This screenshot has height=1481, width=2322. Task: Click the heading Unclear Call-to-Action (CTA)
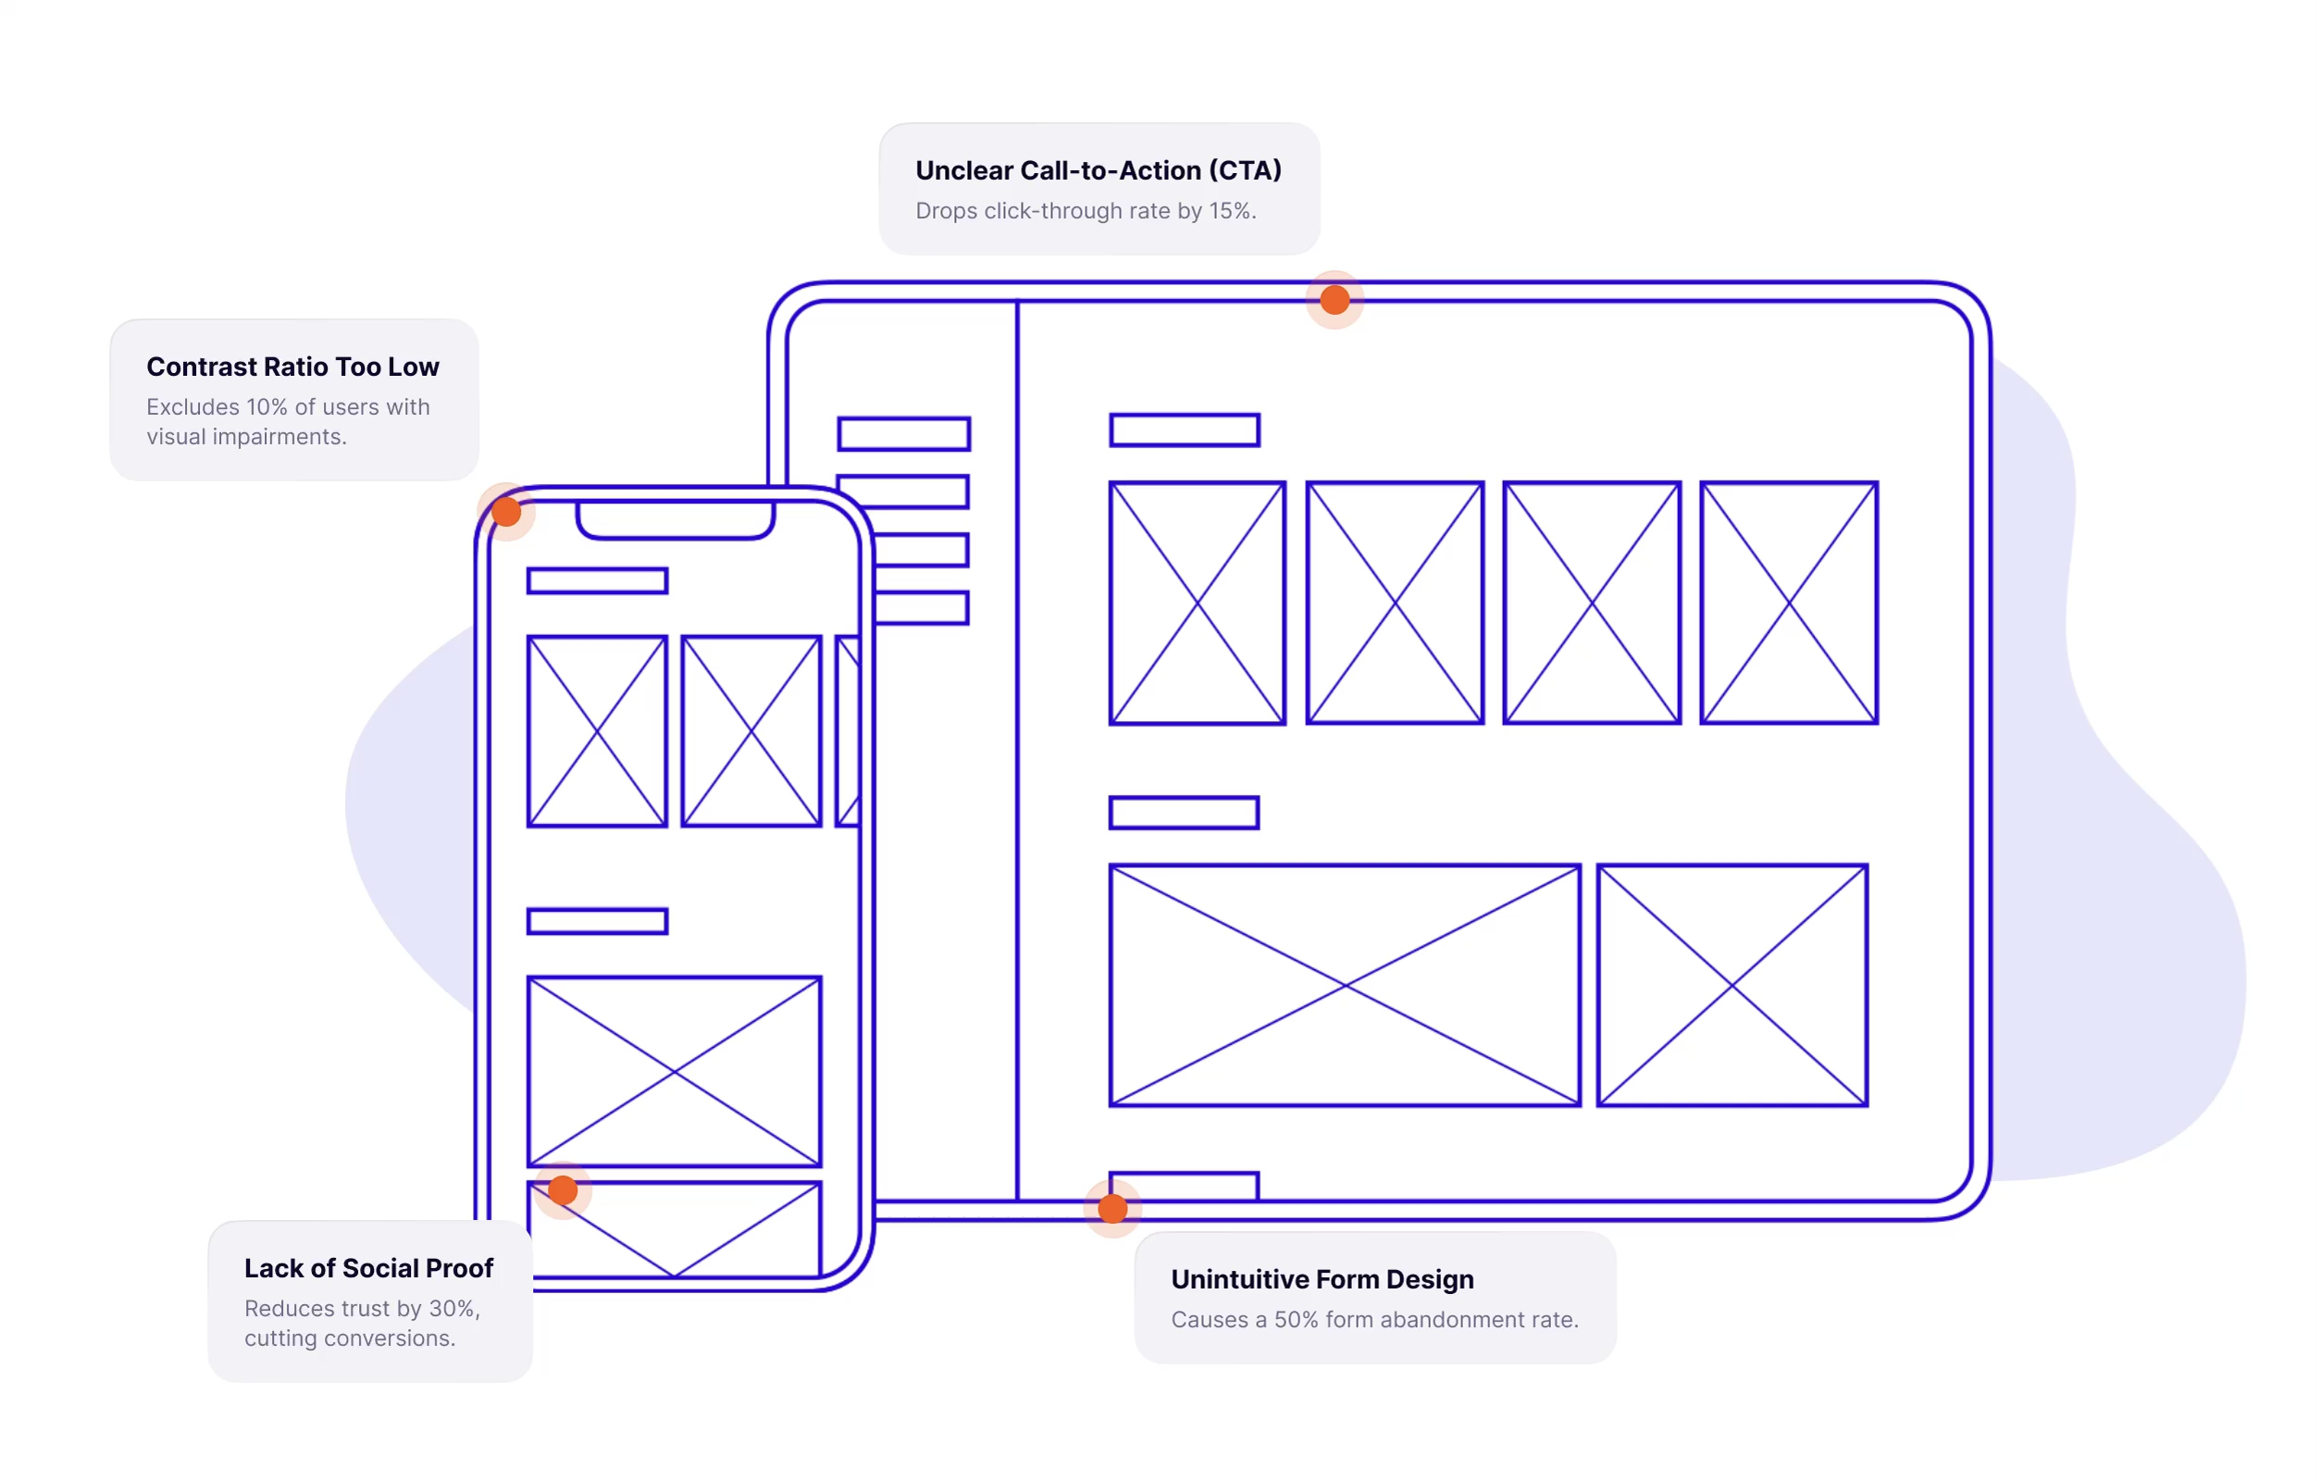1099,170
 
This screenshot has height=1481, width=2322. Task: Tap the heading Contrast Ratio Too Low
292,367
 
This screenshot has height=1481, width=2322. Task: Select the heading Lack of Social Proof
368,1269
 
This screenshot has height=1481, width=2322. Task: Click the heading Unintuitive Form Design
1322,1279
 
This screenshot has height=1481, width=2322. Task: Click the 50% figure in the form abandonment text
1295,1320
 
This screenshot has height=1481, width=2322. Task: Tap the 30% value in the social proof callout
452,1310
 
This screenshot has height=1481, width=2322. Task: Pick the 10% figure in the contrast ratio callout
267,408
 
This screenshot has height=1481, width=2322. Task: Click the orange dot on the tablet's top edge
1335,300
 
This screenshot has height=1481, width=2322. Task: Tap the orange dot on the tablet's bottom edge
1112,1208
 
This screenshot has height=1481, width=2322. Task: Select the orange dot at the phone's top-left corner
506,512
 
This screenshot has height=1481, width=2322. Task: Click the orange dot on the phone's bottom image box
563,1190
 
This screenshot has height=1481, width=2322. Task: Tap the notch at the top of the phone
675,518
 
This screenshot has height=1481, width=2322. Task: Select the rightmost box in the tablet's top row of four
1789,603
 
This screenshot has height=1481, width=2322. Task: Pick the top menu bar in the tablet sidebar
903,434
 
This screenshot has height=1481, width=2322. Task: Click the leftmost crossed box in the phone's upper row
597,731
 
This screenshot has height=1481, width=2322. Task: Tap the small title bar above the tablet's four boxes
1185,430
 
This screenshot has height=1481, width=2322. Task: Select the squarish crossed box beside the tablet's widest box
1732,986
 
